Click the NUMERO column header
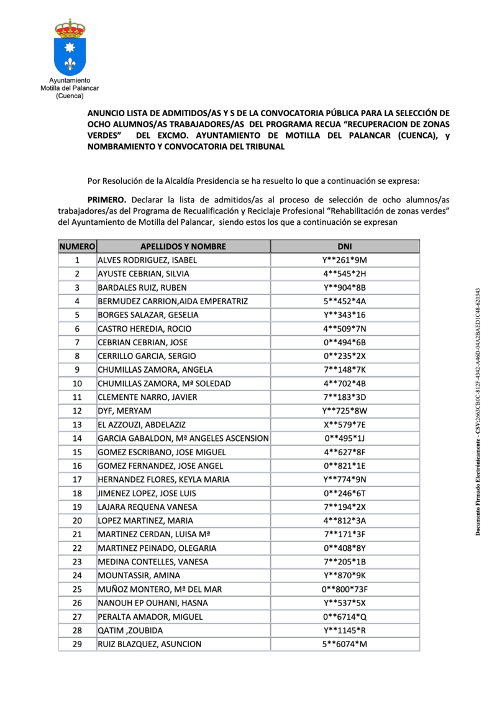coord(77,247)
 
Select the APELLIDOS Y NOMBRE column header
coord(183,247)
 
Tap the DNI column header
coord(345,247)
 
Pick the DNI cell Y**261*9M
coord(345,260)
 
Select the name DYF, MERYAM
coord(124,411)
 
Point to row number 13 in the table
coord(77,425)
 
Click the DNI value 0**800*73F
coord(345,589)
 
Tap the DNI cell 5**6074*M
coord(345,644)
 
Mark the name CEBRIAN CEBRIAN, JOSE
coord(143,342)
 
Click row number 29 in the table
coord(77,644)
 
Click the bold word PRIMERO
coord(107,200)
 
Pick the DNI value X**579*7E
coord(345,425)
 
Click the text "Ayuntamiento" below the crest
coord(70,80)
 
